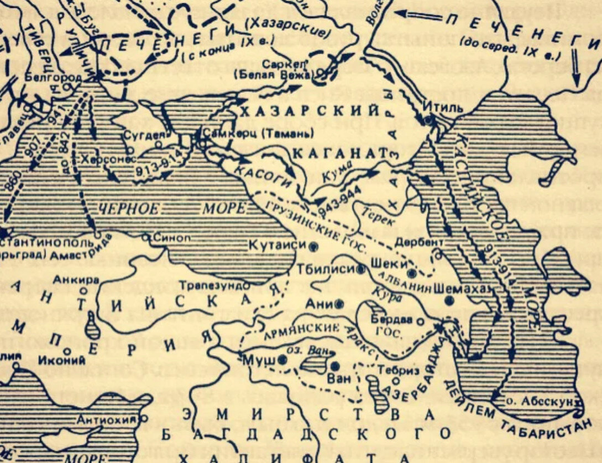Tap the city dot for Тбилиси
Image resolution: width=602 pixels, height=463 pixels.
(361, 269)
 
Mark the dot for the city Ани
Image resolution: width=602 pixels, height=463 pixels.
(338, 304)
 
